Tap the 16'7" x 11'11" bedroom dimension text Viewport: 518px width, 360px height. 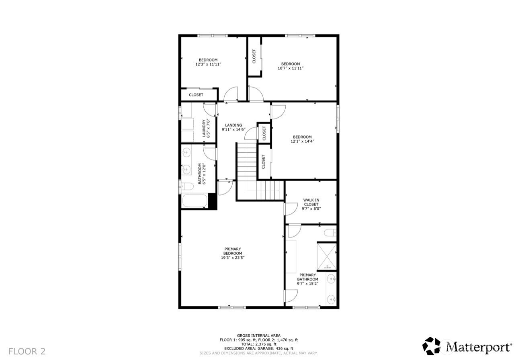pos(291,68)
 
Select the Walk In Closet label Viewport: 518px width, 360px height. pos(311,202)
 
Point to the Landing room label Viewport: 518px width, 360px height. pos(233,125)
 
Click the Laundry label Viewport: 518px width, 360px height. pos(204,128)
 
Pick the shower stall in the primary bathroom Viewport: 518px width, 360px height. pos(327,256)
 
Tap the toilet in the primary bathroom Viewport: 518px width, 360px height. pos(330,233)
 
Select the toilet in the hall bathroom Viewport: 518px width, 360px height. pos(187,186)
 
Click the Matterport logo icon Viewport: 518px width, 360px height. pos(431,346)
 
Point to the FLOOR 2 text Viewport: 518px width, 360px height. pos(27,352)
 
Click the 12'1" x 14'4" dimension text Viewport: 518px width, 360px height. pos(302,141)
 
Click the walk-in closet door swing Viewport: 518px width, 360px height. pos(291,209)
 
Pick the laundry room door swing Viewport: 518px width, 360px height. pos(209,110)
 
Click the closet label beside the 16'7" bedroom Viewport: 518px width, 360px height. pos(254,56)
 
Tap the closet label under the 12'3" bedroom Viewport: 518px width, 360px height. pos(196,95)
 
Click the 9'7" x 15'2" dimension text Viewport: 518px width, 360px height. pos(307,284)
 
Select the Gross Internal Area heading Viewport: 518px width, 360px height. pos(258,335)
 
